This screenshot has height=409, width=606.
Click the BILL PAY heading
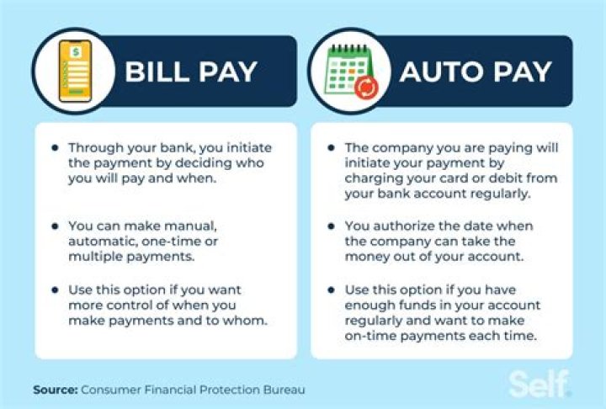[191, 72]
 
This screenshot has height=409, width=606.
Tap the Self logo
[539, 383]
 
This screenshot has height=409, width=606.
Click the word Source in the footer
[55, 390]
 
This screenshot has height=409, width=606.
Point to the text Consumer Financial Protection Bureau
[193, 390]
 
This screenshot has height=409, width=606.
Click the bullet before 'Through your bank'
[55, 148]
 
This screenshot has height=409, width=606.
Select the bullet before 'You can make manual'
[55, 226]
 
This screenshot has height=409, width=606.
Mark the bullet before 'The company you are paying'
[331, 148]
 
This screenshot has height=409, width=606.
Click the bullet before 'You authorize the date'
[331, 226]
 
